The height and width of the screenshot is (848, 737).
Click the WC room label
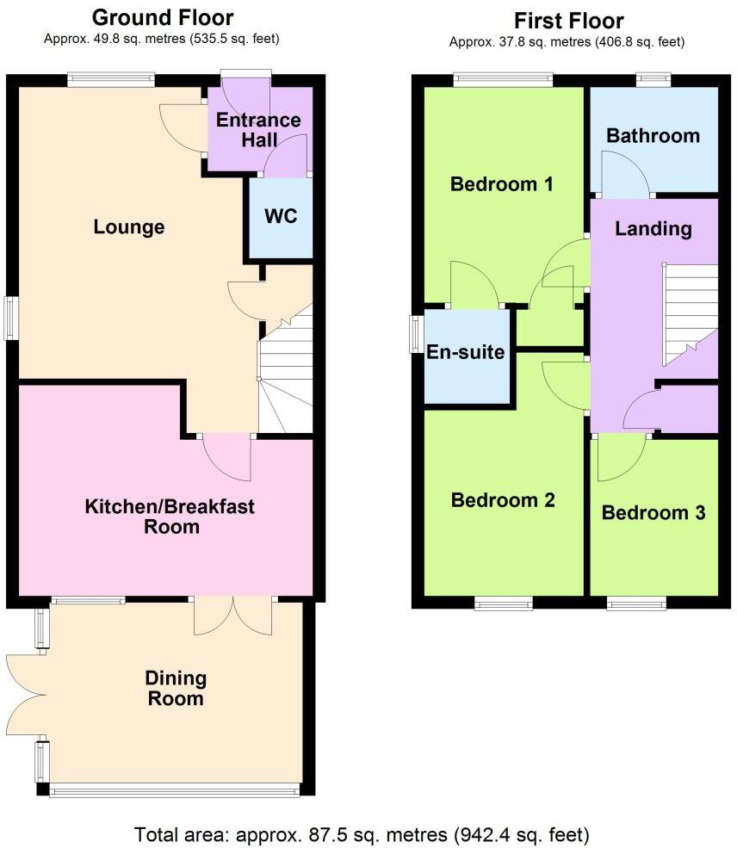click(281, 216)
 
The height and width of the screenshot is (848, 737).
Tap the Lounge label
click(129, 227)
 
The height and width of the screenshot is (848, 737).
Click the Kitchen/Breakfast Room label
click(170, 517)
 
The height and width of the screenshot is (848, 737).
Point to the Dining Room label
click(176, 688)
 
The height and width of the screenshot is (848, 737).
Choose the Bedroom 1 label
click(502, 184)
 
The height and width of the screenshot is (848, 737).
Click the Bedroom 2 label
click(503, 500)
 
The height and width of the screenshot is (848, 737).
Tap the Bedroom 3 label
click(653, 512)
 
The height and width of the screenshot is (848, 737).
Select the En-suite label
click(466, 351)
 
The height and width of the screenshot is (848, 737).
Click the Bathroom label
click(653, 135)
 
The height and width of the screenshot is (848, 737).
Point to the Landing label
click(653, 228)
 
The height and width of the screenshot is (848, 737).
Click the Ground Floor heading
click(162, 17)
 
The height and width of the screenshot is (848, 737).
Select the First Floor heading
click(568, 20)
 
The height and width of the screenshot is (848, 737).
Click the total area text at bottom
click(362, 834)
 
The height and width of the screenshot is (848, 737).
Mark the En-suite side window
click(416, 334)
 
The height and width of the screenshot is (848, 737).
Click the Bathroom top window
click(653, 80)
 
